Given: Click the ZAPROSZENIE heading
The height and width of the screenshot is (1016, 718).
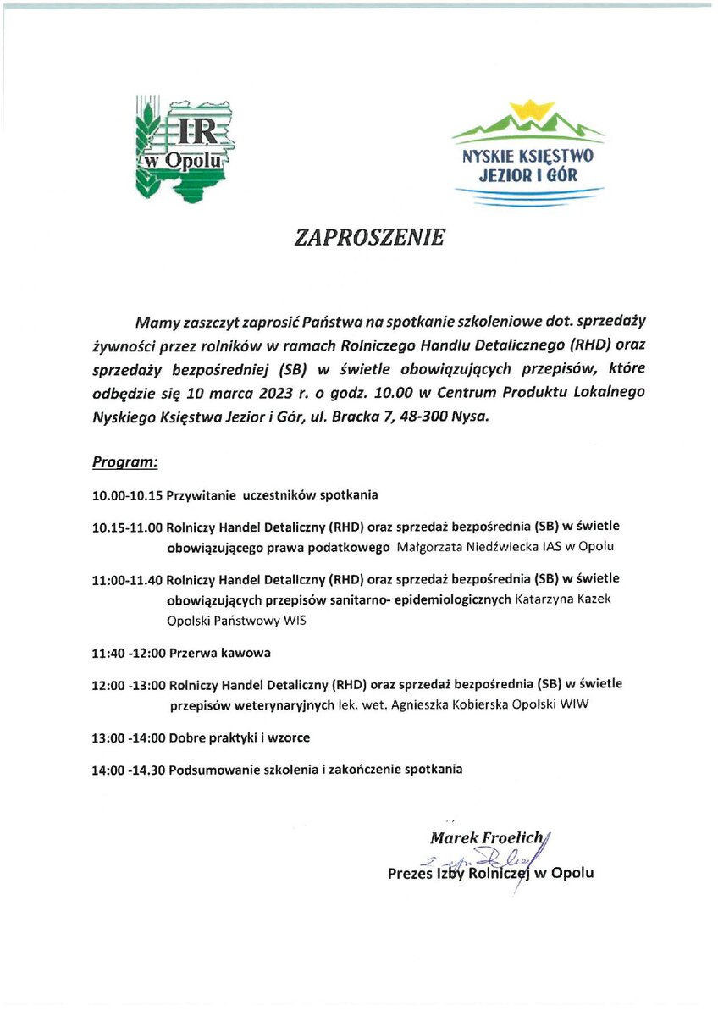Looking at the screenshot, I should pyautogui.click(x=369, y=238).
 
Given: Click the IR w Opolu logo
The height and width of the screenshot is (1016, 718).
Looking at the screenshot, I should pyautogui.click(x=185, y=146).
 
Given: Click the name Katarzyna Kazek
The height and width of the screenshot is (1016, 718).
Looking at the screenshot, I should pyautogui.click(x=562, y=599).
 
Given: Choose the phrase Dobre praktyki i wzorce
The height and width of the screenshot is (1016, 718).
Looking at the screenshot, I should pyautogui.click(x=240, y=738).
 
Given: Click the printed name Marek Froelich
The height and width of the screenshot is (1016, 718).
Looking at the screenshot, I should pyautogui.click(x=486, y=839).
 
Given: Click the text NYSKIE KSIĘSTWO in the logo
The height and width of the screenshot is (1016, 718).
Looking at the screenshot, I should pyautogui.click(x=527, y=157).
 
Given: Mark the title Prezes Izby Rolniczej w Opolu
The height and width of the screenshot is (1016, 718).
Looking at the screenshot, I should pyautogui.click(x=490, y=873).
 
